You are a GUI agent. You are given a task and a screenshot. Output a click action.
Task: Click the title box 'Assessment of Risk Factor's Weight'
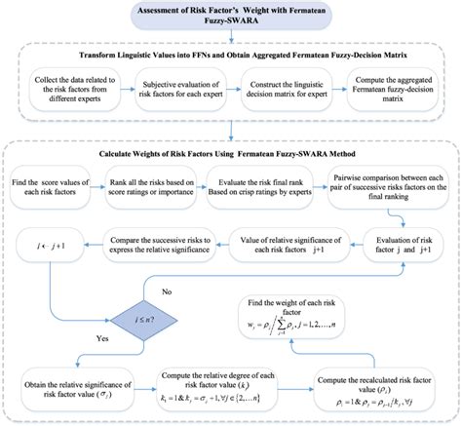(230, 18)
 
